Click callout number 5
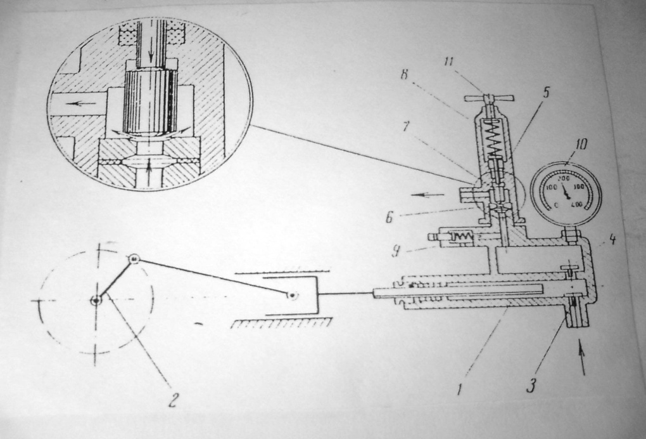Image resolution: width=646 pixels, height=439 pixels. tap(544, 93)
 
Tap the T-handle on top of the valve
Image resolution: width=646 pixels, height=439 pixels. tap(489, 99)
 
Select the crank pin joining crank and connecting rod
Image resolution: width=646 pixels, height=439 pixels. tap(134, 259)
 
